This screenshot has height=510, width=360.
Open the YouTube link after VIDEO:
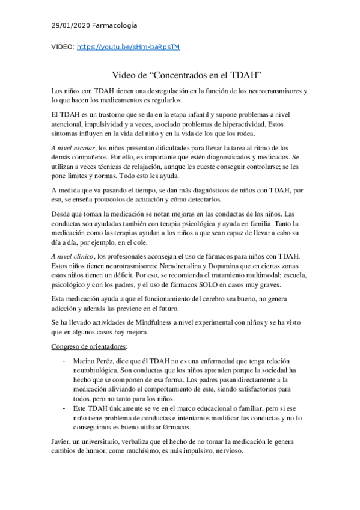pyautogui.click(x=129, y=46)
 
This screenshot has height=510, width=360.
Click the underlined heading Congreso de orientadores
pyautogui.click(x=83, y=346)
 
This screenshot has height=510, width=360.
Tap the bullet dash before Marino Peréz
pyautogui.click(x=64, y=360)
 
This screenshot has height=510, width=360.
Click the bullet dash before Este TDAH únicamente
pyautogui.click(x=64, y=408)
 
